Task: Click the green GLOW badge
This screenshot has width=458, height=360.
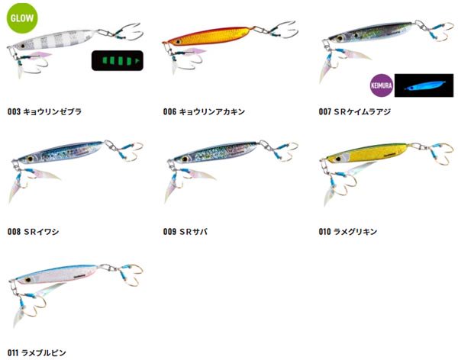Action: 22,18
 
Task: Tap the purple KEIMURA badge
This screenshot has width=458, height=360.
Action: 382,85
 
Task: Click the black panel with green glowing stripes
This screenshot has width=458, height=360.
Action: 118,61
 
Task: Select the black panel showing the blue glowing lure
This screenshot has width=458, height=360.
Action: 424,85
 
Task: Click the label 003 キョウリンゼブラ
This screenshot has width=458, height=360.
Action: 44,111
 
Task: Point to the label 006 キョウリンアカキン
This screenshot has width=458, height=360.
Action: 204,111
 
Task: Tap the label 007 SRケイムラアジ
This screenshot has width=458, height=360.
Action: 355,111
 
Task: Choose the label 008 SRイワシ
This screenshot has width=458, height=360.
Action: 33,232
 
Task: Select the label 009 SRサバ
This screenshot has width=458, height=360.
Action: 185,232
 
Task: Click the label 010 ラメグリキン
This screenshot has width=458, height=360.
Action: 348,232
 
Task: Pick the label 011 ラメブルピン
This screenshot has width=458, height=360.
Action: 37,352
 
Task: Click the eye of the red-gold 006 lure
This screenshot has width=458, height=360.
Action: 178,42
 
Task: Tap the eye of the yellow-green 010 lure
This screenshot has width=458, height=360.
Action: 338,159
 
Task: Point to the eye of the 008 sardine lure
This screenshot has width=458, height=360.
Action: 30,159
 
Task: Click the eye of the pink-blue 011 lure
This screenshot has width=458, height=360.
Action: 28,280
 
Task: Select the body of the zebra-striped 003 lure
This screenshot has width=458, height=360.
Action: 53,40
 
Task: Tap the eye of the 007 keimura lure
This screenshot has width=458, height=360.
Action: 340,38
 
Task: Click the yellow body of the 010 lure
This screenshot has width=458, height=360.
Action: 368,152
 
